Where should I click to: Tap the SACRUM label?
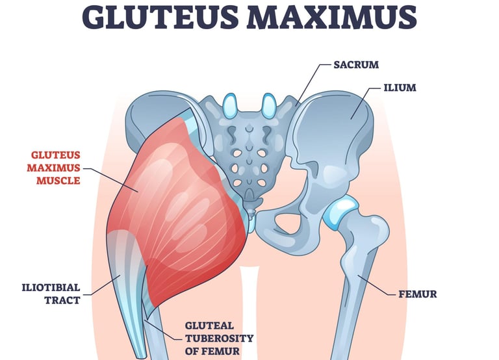click(x=355, y=65)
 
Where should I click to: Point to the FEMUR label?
click(x=417, y=294)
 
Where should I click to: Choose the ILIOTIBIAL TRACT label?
click(x=51, y=294)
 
